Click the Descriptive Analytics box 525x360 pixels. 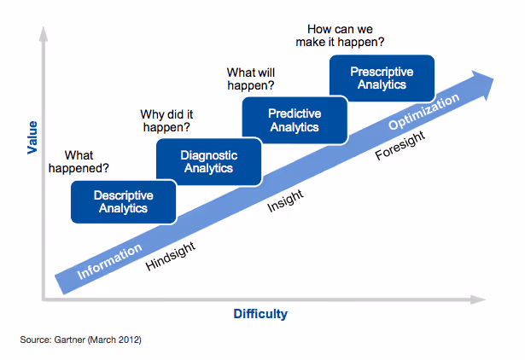[x=123, y=201]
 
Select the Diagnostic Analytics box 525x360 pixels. [x=207, y=160]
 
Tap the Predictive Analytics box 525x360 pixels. [x=294, y=119]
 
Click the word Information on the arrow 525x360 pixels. [x=109, y=263]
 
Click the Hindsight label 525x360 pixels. [x=171, y=255]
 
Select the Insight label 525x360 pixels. [x=285, y=200]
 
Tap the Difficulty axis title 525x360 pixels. [x=260, y=314]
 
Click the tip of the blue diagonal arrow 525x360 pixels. [x=493, y=78]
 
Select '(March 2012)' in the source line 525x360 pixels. [x=118, y=340]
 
